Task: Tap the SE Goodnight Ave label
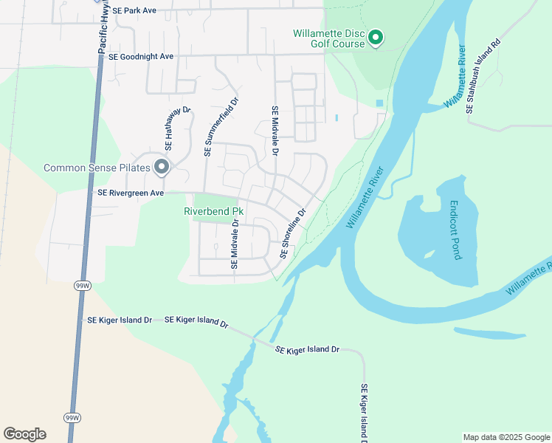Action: (140, 56)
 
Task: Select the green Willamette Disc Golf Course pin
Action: (376, 37)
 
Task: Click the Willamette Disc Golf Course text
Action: (328, 38)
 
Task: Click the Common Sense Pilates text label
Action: (97, 168)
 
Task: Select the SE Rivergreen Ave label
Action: (130, 193)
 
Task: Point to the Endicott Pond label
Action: (456, 230)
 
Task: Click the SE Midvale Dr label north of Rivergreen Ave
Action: (275, 130)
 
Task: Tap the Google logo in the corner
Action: (24, 434)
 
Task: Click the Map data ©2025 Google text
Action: (506, 437)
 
